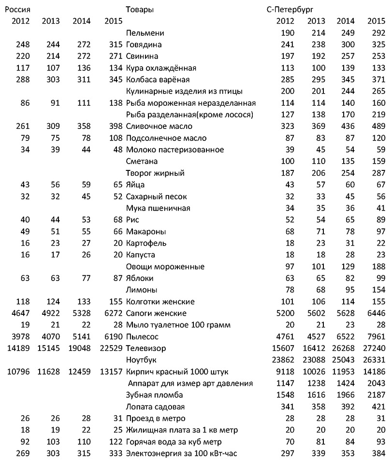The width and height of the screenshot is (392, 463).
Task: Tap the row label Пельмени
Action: [145, 33]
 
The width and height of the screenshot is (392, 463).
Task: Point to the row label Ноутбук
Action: [141, 360]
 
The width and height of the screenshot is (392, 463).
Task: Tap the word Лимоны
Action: [141, 290]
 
